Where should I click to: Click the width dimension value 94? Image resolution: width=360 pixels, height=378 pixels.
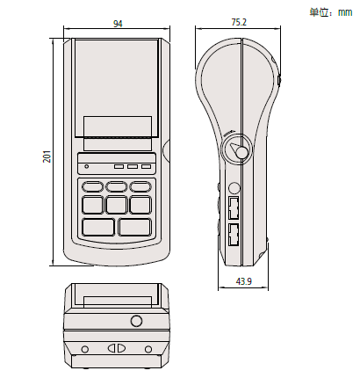(x=117, y=24)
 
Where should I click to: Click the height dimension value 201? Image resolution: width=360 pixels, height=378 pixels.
(x=47, y=156)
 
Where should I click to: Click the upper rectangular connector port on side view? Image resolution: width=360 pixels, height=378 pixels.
(x=234, y=208)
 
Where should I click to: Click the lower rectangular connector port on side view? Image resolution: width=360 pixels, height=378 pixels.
(x=234, y=234)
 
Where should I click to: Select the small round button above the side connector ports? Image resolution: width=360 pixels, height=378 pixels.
(x=234, y=187)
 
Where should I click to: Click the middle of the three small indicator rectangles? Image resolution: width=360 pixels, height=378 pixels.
(x=132, y=164)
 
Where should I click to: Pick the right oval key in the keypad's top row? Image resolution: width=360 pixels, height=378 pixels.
(x=140, y=186)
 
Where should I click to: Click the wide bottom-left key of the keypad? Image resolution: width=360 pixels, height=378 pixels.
(x=97, y=227)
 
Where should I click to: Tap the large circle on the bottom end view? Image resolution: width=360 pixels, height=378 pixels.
(x=136, y=320)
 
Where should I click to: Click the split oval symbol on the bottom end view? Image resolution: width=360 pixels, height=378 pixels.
(x=116, y=346)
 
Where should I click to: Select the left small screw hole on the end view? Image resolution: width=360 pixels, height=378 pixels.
(x=84, y=349)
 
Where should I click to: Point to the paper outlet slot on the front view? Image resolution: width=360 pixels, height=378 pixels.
(x=117, y=139)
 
